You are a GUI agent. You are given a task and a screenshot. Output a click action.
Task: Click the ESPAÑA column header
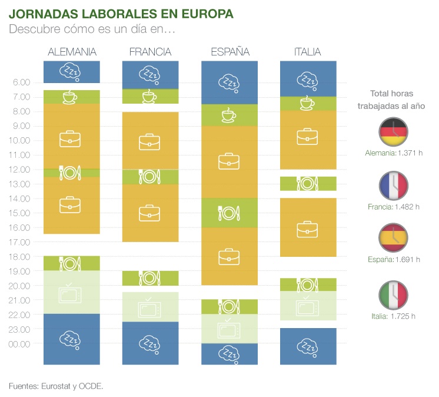pos(230,52)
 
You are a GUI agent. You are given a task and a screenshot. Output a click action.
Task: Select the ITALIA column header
pos(307,52)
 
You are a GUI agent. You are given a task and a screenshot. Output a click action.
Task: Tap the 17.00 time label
pos(21,242)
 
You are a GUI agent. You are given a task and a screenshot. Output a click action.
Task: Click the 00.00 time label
pos(21,343)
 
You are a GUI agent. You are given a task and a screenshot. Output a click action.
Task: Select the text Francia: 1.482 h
pos(393,206)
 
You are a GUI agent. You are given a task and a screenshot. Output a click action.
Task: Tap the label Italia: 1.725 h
pos(393,316)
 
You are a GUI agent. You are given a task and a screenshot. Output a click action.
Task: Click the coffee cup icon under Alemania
pos(69,97)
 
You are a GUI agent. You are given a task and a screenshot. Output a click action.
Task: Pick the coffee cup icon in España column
pos(229,115)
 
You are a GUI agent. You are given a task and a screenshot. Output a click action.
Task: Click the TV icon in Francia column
pos(149,307)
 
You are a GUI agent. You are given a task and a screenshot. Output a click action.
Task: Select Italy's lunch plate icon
pos(308,184)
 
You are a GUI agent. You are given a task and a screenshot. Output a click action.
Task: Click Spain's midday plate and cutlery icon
pos(229,213)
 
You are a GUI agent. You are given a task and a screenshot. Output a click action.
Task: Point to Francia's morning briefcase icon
pos(149,142)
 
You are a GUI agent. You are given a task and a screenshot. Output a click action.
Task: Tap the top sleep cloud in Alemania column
pos(71,72)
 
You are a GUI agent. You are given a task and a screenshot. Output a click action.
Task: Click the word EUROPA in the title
pos(202,13)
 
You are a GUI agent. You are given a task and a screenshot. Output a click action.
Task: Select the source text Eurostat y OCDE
pos(72,386)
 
